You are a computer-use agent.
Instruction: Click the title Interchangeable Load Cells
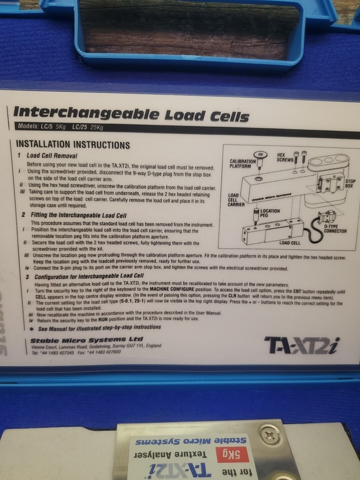[131, 114]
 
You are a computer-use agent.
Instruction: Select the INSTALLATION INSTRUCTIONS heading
[73, 145]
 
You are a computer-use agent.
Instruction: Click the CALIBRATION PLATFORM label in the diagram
[242, 164]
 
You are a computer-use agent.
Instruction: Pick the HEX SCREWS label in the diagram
[285, 157]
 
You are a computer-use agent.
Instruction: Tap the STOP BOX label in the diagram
[350, 183]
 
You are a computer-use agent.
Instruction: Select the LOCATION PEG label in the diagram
[270, 214]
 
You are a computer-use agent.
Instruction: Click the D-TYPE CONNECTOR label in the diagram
[335, 228]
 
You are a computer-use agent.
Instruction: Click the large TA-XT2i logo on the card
[301, 344]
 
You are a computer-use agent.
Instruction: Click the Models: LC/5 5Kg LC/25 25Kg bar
[60, 127]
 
